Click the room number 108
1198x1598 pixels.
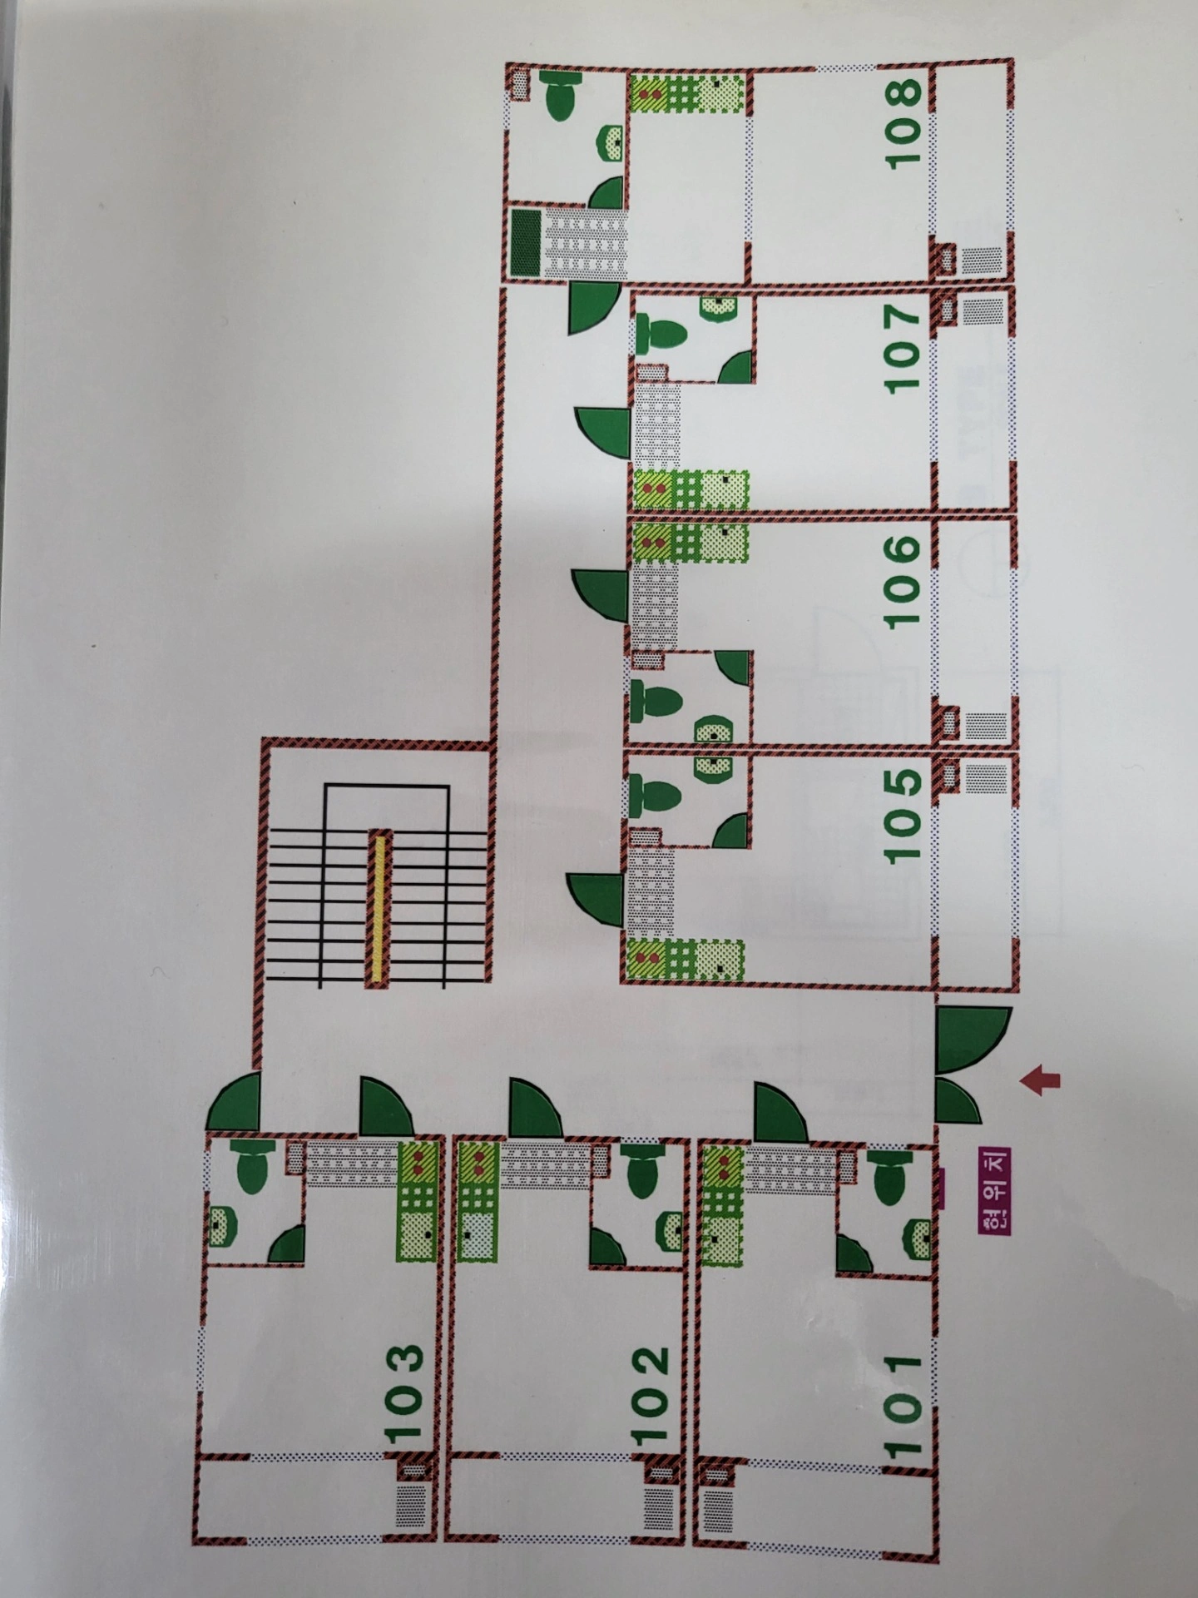(906, 123)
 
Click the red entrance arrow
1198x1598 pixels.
(1040, 1079)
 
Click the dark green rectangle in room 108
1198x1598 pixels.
(526, 242)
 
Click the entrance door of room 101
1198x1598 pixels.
(780, 1109)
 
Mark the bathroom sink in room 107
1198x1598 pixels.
(719, 308)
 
